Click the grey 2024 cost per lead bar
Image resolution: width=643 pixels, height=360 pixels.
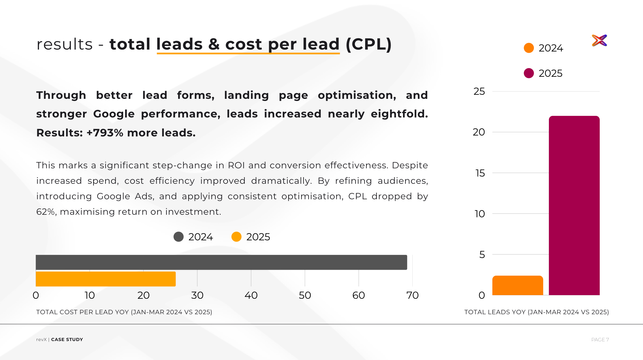(x=221, y=262)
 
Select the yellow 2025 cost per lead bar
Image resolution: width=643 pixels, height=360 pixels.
(x=105, y=279)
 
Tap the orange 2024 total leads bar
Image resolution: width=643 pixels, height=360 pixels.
(x=517, y=285)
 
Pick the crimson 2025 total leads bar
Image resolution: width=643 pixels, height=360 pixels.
(x=574, y=205)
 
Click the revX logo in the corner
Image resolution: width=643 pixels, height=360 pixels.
(x=599, y=40)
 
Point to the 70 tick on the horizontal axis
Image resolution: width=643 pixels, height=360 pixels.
(x=412, y=295)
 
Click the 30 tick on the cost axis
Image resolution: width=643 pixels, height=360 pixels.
(x=197, y=295)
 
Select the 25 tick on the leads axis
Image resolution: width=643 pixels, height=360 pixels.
(x=479, y=92)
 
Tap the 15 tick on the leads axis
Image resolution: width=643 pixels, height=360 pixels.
(x=480, y=173)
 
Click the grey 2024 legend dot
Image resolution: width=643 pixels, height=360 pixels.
(x=178, y=237)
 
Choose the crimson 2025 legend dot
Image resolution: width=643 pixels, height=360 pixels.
(x=529, y=73)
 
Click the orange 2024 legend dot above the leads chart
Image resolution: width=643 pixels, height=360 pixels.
(x=529, y=48)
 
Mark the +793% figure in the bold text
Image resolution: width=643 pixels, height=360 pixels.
(x=105, y=133)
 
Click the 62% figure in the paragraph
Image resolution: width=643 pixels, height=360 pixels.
(x=46, y=212)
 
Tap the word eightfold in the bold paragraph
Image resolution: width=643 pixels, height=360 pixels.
(x=399, y=114)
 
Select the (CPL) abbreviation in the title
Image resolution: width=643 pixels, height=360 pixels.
(x=369, y=44)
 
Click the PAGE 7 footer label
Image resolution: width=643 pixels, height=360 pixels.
(x=600, y=340)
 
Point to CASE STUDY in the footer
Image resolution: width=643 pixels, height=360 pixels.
(x=67, y=340)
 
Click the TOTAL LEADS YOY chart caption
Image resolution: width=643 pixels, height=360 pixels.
(x=536, y=312)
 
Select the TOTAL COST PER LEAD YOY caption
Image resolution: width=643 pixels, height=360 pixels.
(x=124, y=312)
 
